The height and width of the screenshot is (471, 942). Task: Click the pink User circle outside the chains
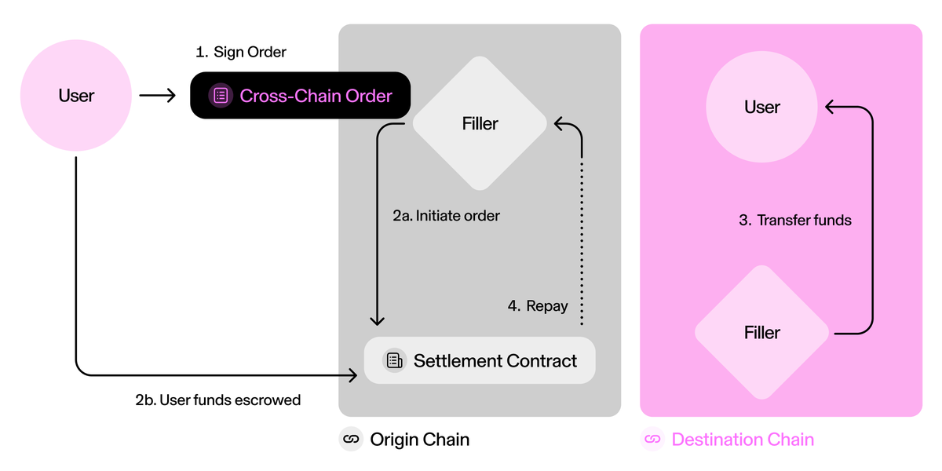point(76,96)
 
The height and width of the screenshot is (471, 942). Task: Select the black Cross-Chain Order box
point(301,96)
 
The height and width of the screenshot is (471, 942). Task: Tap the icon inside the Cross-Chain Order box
point(221,96)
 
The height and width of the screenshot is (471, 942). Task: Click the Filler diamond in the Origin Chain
point(480,124)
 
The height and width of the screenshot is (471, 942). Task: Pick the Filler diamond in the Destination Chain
point(761,333)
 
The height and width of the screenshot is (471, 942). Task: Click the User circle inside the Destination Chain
point(761,107)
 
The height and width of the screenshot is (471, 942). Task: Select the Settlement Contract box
point(480,361)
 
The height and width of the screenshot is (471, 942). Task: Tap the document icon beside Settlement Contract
point(393,361)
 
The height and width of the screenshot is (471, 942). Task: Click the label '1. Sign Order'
point(241,53)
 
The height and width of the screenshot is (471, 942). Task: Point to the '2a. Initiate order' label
point(446,215)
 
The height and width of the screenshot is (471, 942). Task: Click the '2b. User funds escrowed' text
point(217,400)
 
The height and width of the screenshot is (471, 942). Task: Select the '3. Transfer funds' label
point(795,221)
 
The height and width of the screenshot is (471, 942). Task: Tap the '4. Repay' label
point(538,306)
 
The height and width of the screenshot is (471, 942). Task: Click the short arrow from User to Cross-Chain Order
point(157,96)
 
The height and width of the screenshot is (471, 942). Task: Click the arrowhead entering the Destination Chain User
point(829,108)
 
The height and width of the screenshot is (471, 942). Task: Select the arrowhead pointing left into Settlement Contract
point(352,376)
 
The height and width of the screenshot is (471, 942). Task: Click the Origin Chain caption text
point(419,440)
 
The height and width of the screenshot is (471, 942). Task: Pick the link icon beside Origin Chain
point(351,440)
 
